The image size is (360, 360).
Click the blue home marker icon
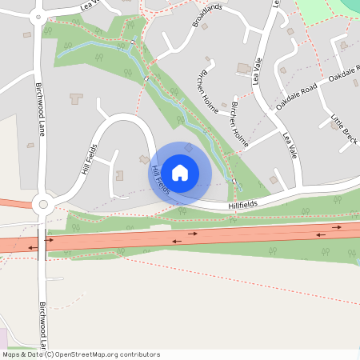180,172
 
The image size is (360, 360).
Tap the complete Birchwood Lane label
38,110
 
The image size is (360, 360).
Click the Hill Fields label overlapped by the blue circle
160,180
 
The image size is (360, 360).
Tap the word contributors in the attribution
138,354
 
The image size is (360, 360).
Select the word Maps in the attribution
11,354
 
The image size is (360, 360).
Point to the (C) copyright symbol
49,354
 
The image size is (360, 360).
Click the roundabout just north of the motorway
42,206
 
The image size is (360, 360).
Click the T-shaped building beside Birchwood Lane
77,99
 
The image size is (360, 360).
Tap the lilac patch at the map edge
3,338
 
